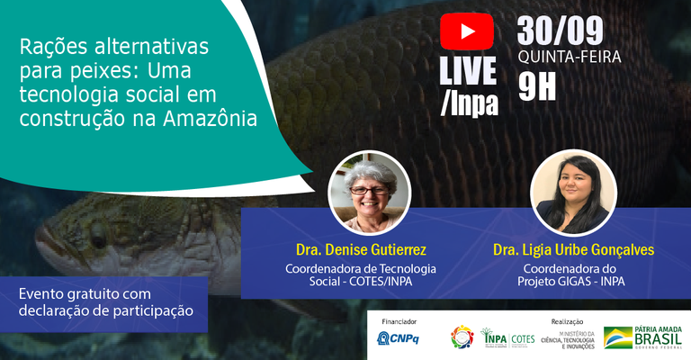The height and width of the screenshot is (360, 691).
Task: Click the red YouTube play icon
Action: [x=467, y=32]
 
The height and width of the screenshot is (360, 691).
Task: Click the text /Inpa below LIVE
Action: [x=469, y=103]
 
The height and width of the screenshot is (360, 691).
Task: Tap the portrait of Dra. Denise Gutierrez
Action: [x=370, y=191]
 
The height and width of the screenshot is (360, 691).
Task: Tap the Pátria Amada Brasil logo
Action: [x=644, y=338]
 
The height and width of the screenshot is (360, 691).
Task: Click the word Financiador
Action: [x=399, y=321]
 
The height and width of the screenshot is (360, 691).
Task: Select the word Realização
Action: [x=567, y=321]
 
